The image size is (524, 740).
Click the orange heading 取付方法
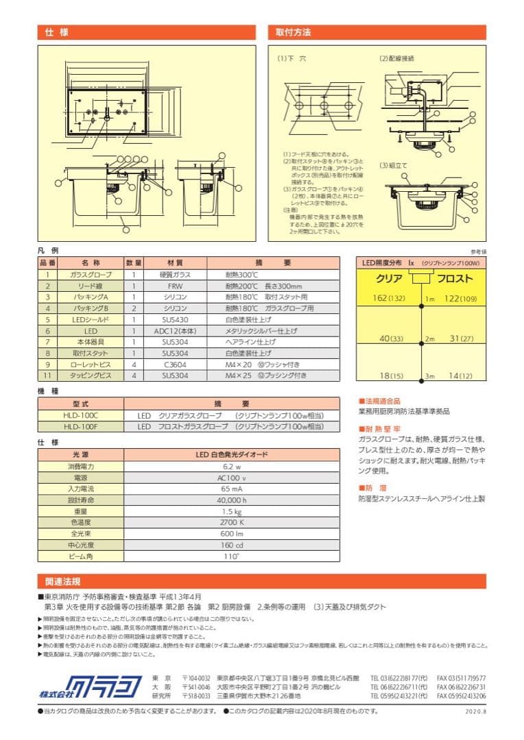294,32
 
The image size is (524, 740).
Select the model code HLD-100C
80,416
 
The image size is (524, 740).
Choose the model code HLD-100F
80,426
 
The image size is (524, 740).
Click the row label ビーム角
80,556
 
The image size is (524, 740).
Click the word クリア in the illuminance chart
389,279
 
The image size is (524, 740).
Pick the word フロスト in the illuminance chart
455,279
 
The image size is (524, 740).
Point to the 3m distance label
429,376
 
